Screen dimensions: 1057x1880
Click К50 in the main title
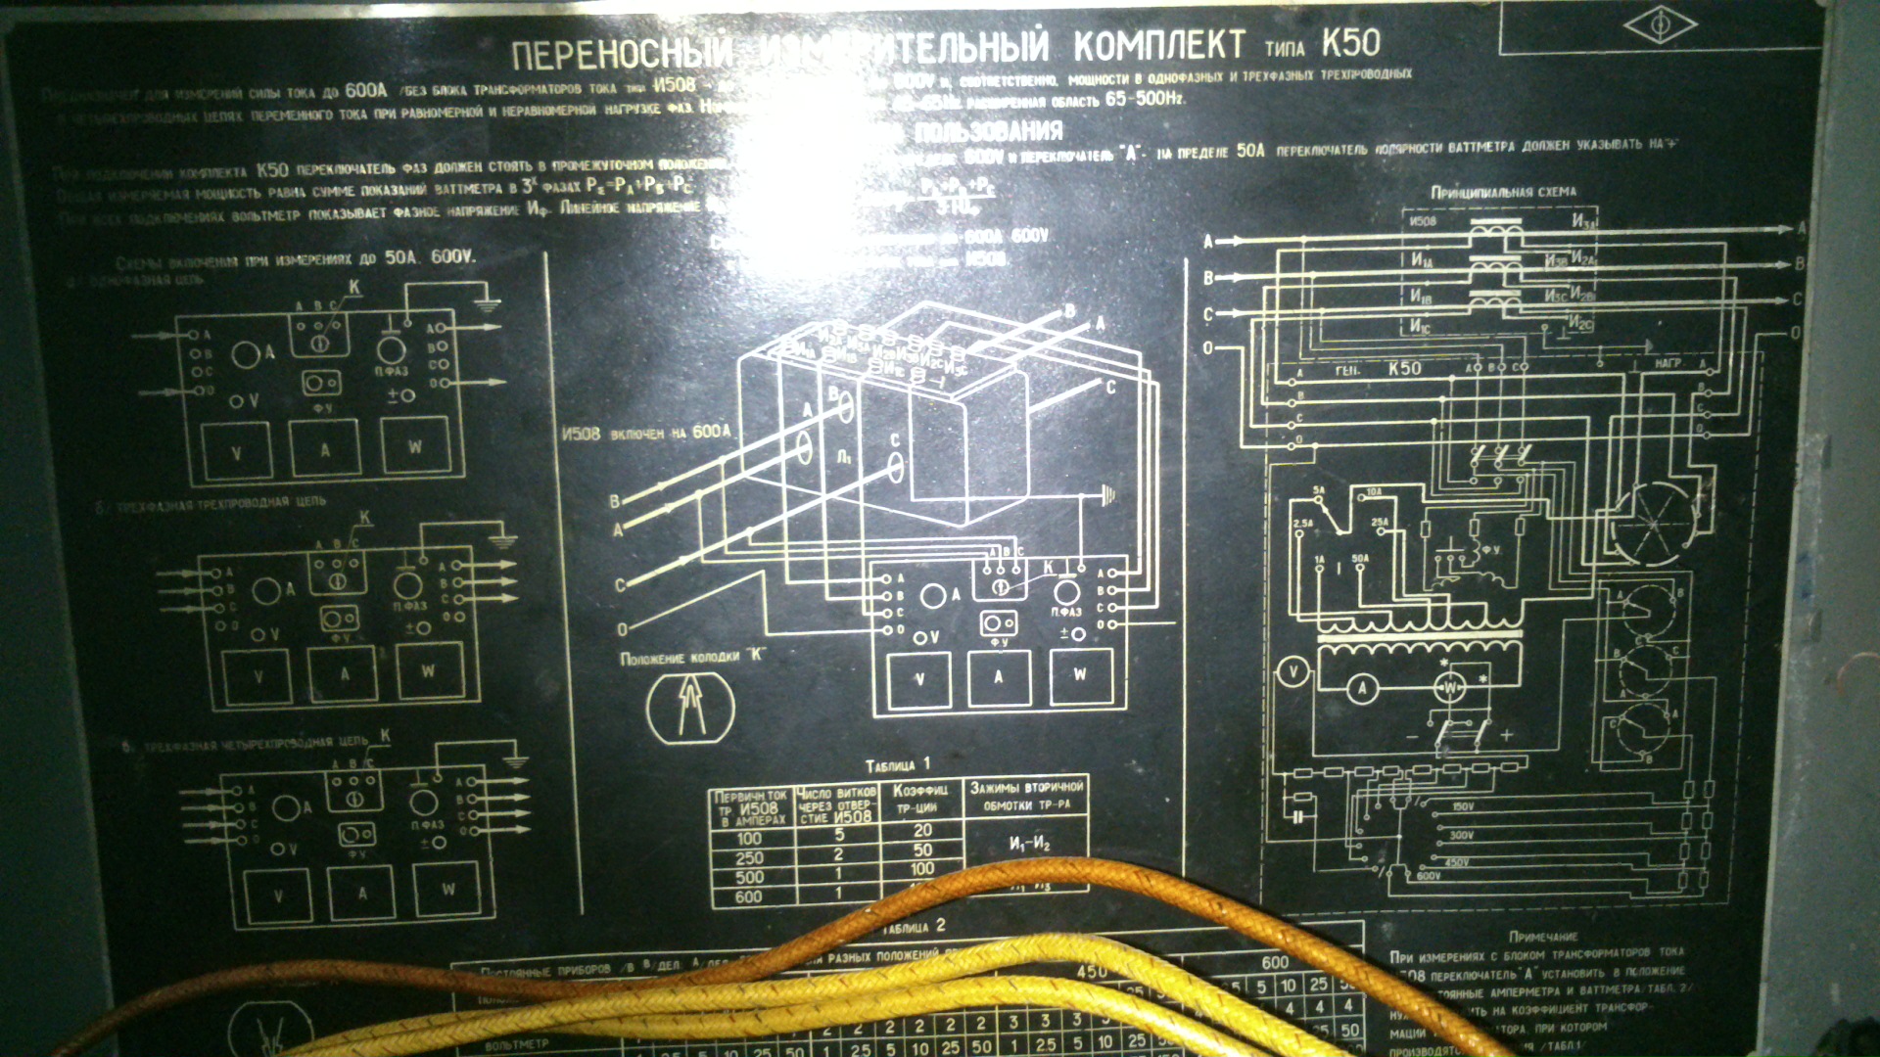[1350, 43]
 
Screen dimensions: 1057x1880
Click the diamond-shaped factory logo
[1661, 26]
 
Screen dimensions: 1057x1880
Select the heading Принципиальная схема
[1503, 192]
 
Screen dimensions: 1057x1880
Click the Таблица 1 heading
[898, 764]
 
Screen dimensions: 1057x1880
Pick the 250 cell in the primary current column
[749, 857]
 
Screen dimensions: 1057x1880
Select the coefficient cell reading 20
[922, 831]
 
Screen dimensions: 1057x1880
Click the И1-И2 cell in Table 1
[1029, 844]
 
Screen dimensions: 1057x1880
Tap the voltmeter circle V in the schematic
[1293, 671]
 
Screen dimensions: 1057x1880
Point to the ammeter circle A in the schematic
[1362, 689]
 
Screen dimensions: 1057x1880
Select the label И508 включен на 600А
[646, 433]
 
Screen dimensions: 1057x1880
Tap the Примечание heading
[1543, 937]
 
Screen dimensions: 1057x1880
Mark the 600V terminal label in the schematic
[1429, 876]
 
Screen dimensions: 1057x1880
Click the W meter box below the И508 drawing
[1080, 675]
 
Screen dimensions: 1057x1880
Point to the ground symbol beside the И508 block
[1108, 495]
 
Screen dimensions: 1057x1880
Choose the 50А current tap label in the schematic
[1360, 559]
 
